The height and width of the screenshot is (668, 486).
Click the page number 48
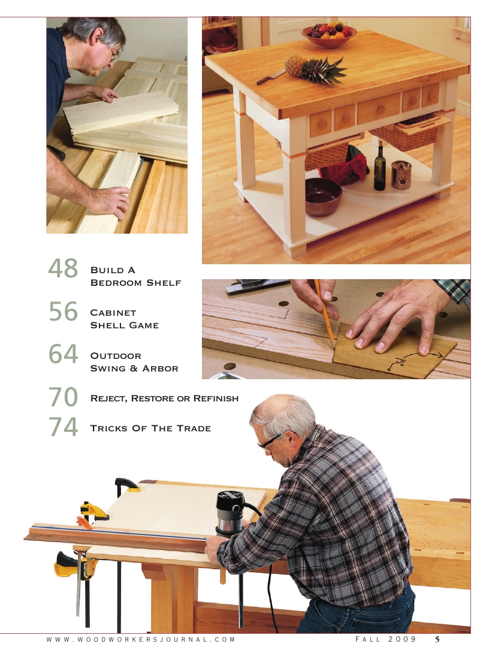[63, 269]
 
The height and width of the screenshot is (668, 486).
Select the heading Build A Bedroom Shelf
[135, 276]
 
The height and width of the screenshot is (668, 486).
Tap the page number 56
[63, 312]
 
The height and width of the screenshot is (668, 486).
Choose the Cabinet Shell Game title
[124, 319]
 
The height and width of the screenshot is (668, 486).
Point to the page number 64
[63, 355]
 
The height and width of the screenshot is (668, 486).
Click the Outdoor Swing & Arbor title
[134, 362]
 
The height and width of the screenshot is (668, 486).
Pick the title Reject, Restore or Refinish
[164, 398]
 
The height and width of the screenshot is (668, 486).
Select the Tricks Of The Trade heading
[150, 428]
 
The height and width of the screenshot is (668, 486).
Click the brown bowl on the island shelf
[323, 196]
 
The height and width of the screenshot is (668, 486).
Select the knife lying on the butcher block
[271, 77]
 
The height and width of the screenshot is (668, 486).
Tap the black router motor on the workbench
[230, 512]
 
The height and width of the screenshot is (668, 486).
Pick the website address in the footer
[141, 640]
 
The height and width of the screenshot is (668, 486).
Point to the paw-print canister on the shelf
[400, 175]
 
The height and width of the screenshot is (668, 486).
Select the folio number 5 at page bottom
[437, 640]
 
